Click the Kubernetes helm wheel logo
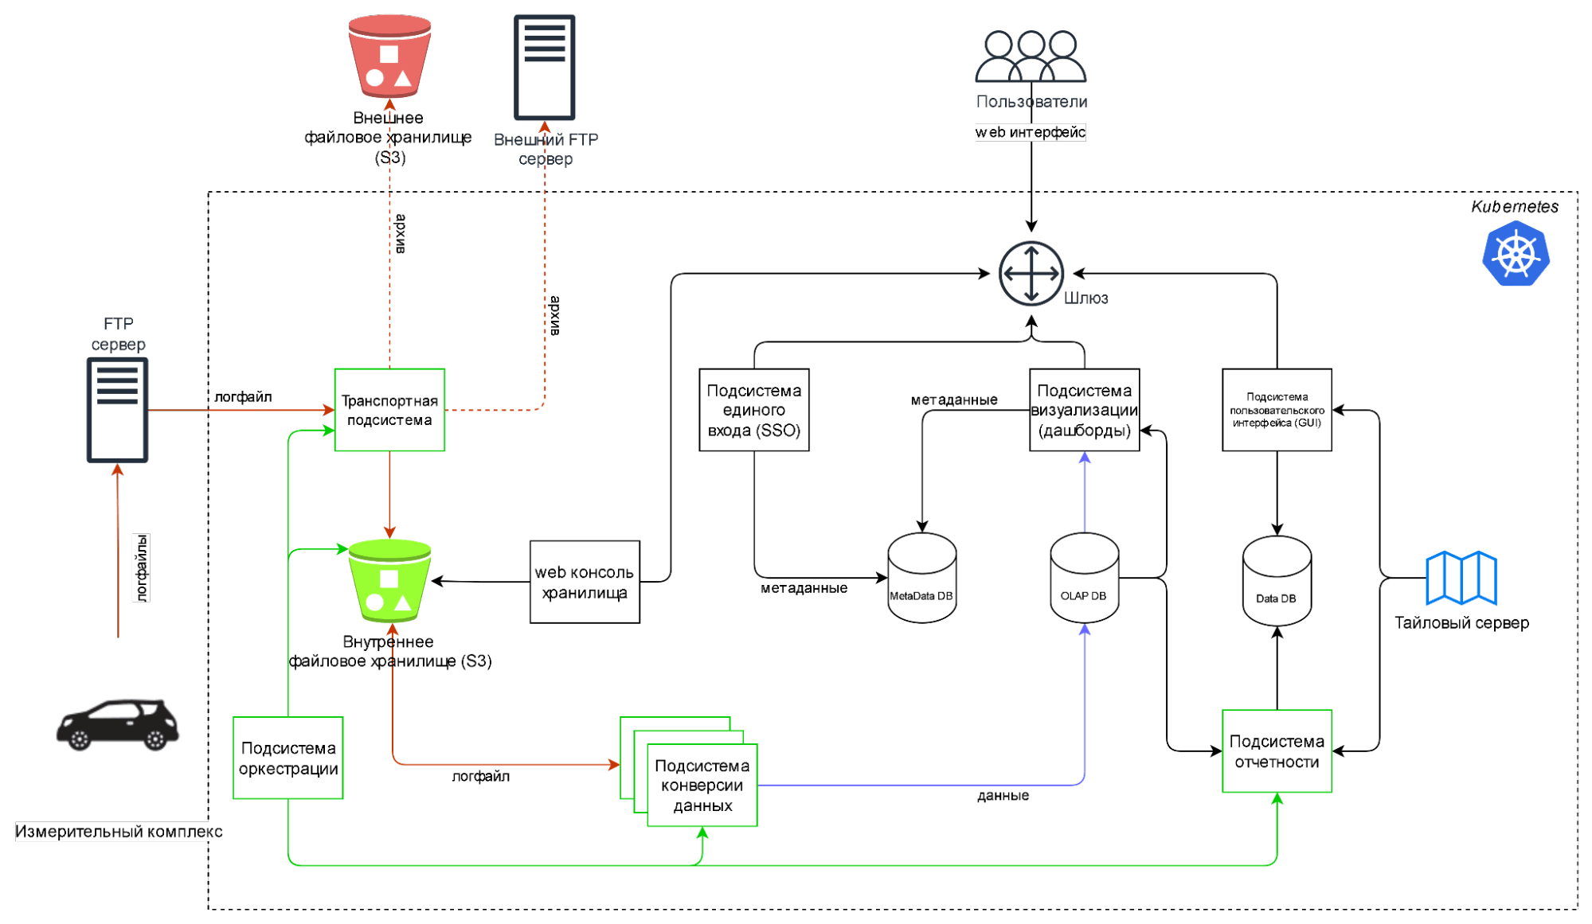(1516, 254)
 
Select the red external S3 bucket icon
(389, 57)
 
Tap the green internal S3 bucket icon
(389, 581)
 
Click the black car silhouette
(118, 724)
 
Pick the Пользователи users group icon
(1031, 57)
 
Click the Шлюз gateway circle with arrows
(1031, 274)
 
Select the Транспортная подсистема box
(389, 410)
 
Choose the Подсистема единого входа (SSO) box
(753, 410)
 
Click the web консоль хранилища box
(585, 582)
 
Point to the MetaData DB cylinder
(921, 579)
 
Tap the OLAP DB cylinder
(1084, 579)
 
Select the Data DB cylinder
(1277, 581)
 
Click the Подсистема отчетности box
(1277, 751)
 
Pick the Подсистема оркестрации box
(288, 758)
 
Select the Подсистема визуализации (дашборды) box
(1084, 410)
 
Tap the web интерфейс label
(1030, 132)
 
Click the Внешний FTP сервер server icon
(545, 67)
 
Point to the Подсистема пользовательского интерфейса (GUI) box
(1277, 410)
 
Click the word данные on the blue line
(1003, 795)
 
